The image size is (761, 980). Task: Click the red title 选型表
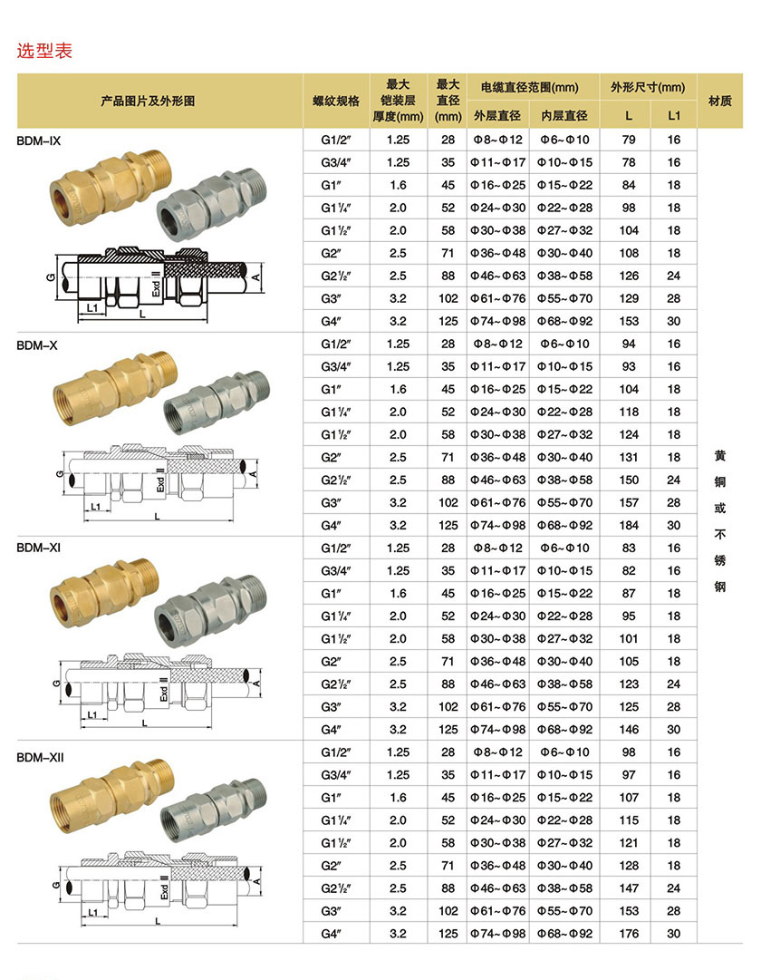point(44,51)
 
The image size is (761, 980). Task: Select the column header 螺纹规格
point(336,101)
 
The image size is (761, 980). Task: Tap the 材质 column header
point(720,101)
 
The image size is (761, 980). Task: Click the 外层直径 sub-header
point(497,115)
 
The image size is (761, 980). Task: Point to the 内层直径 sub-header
point(564,115)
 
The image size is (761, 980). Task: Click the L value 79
point(629,140)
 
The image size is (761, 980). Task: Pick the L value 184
point(629,525)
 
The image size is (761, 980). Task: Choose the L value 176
point(629,934)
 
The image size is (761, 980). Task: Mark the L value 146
point(629,729)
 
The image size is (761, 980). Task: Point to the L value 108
point(629,253)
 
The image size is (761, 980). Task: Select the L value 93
point(629,366)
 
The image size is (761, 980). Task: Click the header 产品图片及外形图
point(160,101)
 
